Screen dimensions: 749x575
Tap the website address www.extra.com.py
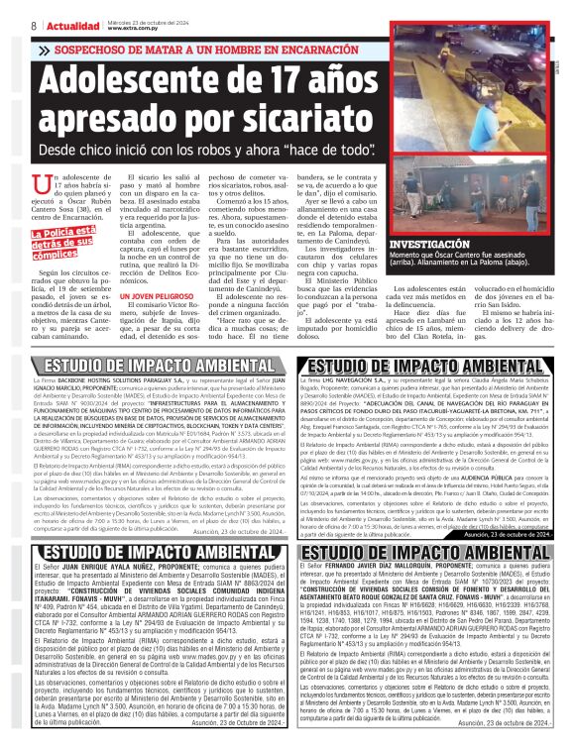pyautogui.click(x=133, y=29)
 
